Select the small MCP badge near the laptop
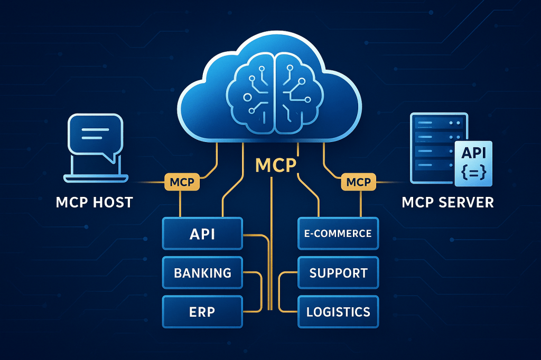click(x=182, y=183)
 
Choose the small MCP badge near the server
click(x=358, y=183)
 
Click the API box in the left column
click(x=202, y=234)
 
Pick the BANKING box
click(x=202, y=272)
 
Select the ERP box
click(x=202, y=311)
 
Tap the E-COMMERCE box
click(x=338, y=233)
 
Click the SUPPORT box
click(x=338, y=273)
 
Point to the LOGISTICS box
click(x=338, y=311)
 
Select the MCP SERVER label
click(x=447, y=202)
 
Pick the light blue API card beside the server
click(x=473, y=163)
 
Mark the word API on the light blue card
click(x=473, y=153)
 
